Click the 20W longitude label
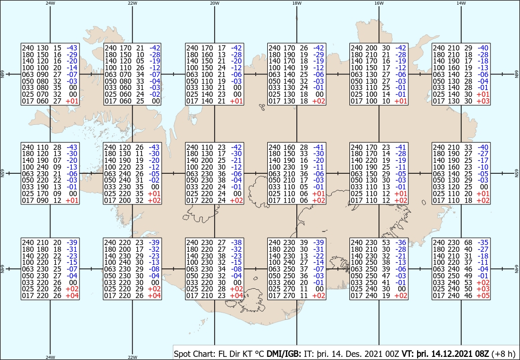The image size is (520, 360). pyautogui.click(x=215, y=3)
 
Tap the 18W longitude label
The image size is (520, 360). pyautogui.click(x=297, y=3)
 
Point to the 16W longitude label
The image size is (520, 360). pyautogui.click(x=379, y=3)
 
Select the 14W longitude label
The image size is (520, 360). pyautogui.click(x=461, y=3)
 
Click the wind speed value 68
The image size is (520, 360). pyautogui.click(x=469, y=243)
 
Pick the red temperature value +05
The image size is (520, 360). pyautogui.click(x=483, y=296)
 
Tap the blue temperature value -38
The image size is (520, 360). pyautogui.click(x=237, y=243)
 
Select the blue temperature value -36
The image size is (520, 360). pyautogui.click(x=400, y=243)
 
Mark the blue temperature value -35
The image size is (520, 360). pyautogui.click(x=483, y=243)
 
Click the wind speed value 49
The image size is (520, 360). pyautogui.click(x=469, y=276)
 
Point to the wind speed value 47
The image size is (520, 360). pyautogui.click(x=386, y=276)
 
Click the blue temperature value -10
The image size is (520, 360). pyautogui.click(x=483, y=167)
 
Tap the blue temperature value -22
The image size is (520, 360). pyautogui.click(x=319, y=256)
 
